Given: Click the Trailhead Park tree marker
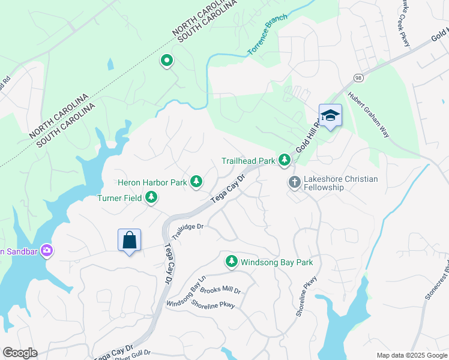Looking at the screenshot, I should click(x=285, y=160).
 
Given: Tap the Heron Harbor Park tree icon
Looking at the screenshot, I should click(x=196, y=181).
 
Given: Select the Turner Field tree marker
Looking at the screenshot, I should click(x=151, y=197).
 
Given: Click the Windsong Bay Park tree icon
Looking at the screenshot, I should click(x=231, y=262).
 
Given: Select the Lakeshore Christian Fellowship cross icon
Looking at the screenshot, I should click(x=294, y=182).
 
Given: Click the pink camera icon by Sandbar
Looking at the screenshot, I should click(x=46, y=251).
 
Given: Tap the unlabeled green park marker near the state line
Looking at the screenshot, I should click(x=166, y=61).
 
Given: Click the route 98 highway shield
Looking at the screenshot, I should click(x=358, y=79).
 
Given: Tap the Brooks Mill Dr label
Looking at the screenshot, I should click(x=220, y=291).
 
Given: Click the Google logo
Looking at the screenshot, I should click(x=20, y=353).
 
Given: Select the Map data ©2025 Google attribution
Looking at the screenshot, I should click(x=411, y=355).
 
